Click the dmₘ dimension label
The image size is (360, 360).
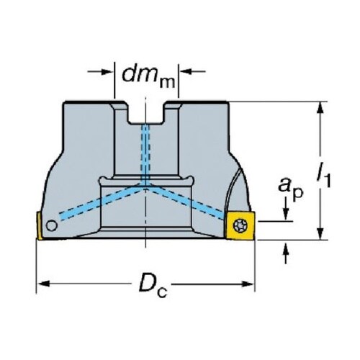148,76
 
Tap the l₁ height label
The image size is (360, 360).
324,176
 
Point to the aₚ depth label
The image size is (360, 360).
290,188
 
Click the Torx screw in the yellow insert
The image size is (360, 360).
240,225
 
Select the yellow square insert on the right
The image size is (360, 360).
240,225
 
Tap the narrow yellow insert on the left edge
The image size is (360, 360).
39,225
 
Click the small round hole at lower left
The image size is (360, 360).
52,226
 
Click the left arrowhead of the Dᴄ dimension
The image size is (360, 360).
44,284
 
